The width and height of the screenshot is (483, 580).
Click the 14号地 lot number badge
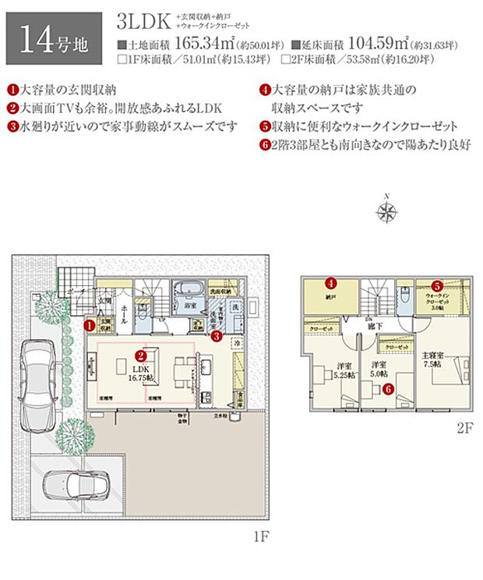coord(53,37)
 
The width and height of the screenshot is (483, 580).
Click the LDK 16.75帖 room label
coord(142,371)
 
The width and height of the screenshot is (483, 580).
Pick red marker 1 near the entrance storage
coord(90,323)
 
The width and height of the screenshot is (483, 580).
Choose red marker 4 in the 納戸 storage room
coord(330,284)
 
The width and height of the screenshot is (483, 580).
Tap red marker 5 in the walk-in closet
coord(437,285)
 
